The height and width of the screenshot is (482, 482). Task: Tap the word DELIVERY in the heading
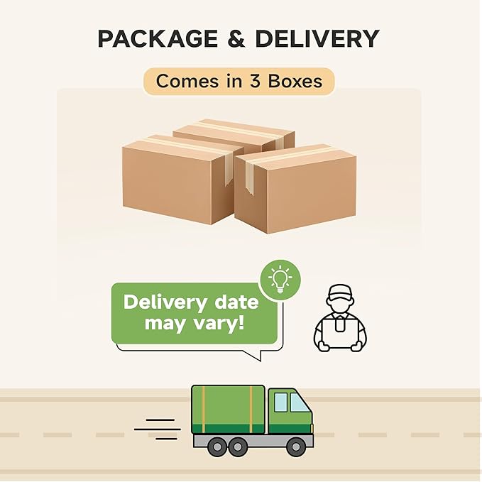(317, 38)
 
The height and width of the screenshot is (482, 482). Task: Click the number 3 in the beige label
(256, 81)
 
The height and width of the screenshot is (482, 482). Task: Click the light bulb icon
(280, 280)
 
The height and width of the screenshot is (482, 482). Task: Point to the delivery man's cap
(340, 291)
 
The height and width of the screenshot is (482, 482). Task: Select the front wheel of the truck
(295, 447)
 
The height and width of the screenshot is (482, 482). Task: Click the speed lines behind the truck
(158, 429)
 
